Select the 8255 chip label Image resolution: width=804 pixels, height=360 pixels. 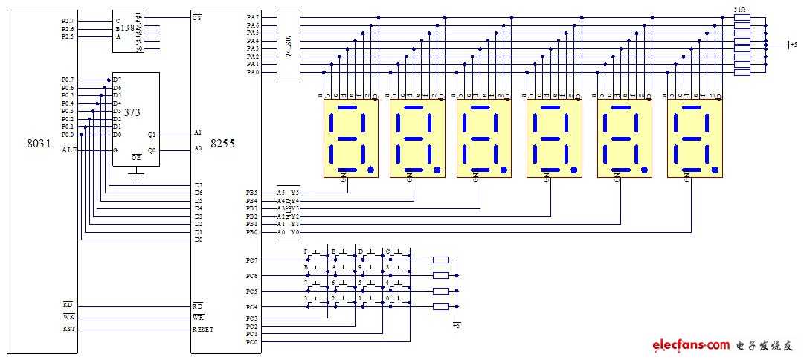pyautogui.click(x=222, y=143)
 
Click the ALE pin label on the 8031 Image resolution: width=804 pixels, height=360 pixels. pyautogui.click(x=69, y=150)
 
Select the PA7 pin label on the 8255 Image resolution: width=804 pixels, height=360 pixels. pyautogui.click(x=253, y=17)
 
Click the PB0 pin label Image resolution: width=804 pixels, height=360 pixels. pyautogui.click(x=251, y=233)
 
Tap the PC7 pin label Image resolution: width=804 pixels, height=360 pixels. pyautogui.click(x=251, y=260)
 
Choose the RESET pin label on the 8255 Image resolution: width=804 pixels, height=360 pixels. pyautogui.click(x=203, y=330)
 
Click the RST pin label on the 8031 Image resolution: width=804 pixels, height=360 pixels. pyautogui.click(x=68, y=329)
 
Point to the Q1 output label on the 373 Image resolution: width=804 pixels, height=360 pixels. pyautogui.click(x=152, y=135)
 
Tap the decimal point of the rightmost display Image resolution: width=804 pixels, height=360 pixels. pyautogui.click(x=715, y=170)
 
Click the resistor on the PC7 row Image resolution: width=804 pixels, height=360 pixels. pyautogui.click(x=441, y=260)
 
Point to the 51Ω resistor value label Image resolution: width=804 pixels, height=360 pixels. pyautogui.click(x=741, y=10)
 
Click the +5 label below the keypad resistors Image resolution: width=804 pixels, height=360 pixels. pyautogui.click(x=457, y=325)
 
